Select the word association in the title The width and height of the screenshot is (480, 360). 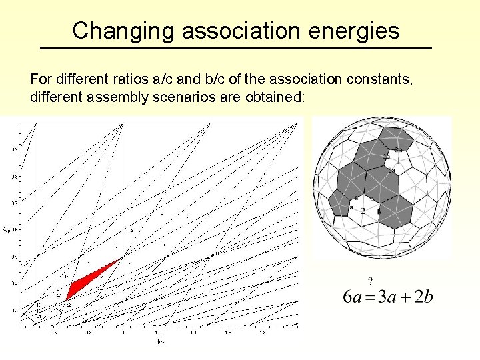(237, 31)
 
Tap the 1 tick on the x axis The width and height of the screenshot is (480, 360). (123, 331)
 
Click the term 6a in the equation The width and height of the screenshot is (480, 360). (353, 297)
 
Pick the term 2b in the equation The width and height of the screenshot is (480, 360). (425, 297)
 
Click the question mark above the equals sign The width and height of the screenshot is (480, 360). (370, 281)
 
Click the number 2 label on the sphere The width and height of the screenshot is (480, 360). (363, 211)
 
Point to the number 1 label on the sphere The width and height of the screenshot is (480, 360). (398, 161)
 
